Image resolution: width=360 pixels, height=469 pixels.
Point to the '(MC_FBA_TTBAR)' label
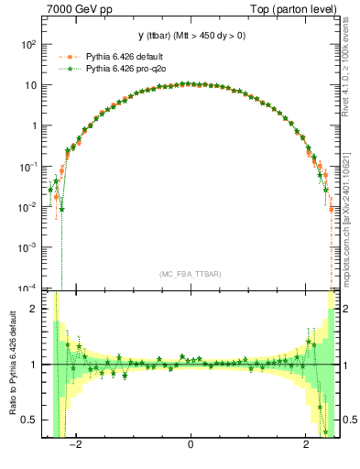(191, 274)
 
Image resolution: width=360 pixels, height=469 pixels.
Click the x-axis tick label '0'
(191, 446)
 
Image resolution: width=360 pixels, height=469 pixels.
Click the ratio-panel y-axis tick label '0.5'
(29, 420)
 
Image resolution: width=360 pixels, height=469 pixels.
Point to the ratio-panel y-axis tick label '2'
(34, 309)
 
